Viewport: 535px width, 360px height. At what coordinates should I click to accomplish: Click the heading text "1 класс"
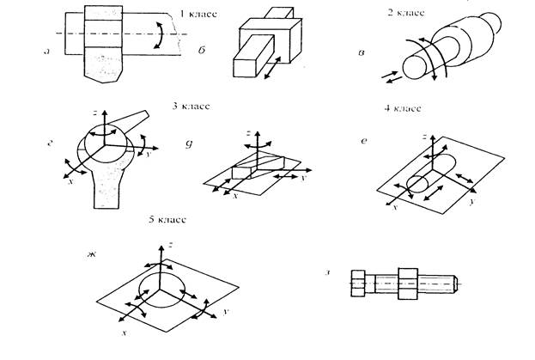(197, 15)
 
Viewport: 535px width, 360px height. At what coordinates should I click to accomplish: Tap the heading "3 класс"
(192, 107)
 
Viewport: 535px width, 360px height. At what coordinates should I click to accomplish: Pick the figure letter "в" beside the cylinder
(363, 54)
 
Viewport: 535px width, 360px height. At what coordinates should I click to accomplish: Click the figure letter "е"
(364, 139)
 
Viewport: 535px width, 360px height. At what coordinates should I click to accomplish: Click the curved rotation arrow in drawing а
(158, 35)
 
